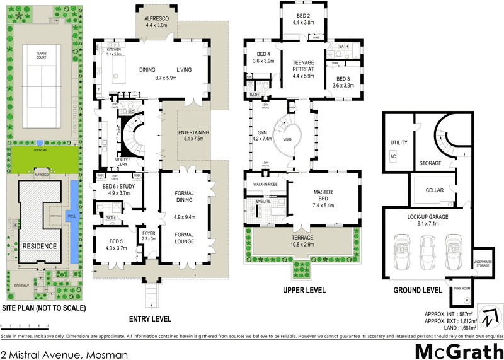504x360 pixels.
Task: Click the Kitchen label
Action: [x=113, y=49]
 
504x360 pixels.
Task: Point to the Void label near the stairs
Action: [x=287, y=140]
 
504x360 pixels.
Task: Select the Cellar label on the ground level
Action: [x=434, y=190]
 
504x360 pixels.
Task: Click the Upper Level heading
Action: [x=304, y=291]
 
